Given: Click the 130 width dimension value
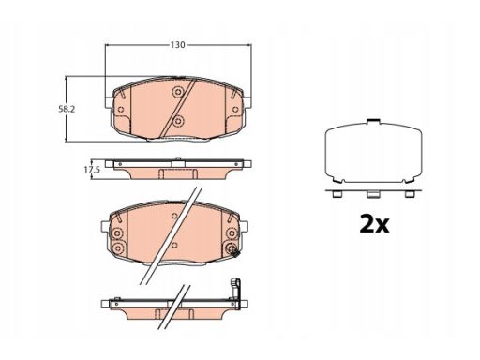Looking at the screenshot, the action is click(177, 45).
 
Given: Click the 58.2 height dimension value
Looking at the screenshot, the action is click(67, 109).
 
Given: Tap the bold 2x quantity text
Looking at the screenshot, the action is click(374, 223).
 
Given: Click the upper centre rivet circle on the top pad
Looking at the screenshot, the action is click(178, 92).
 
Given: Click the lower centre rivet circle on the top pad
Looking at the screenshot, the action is click(178, 120).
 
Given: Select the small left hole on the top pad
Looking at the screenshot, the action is click(121, 110).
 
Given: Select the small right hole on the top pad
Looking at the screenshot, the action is click(235, 110).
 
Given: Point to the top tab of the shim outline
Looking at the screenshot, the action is click(374, 121).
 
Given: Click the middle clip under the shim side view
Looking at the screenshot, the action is click(372, 194).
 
